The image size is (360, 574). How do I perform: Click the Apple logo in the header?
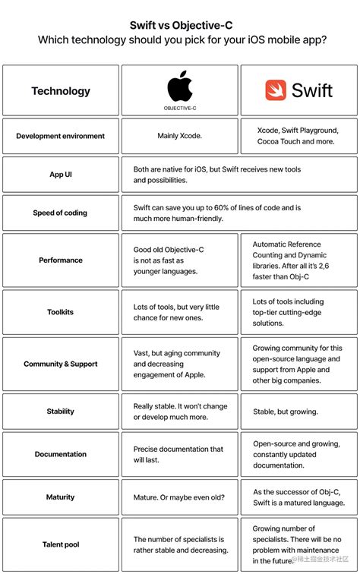[x=180, y=85]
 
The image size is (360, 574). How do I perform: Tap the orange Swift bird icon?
[x=276, y=90]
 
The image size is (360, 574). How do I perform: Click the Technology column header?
[x=61, y=91]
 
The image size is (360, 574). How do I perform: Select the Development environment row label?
[x=61, y=137]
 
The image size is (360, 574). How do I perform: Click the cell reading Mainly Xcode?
[x=180, y=137]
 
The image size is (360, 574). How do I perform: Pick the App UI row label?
[x=61, y=175]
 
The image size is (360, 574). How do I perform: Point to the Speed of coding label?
[x=61, y=213]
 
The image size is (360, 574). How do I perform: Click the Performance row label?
[x=61, y=260]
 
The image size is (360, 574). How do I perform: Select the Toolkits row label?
[x=61, y=312]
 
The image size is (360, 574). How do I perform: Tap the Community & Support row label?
[x=61, y=364]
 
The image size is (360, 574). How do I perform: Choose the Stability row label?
[x=61, y=412]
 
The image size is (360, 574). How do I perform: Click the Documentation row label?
[x=61, y=454]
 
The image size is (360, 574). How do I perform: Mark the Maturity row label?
[x=61, y=497]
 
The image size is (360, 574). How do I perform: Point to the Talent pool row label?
[x=61, y=544]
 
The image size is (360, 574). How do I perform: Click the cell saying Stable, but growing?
[x=286, y=412]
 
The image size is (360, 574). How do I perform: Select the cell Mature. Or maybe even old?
[x=179, y=497]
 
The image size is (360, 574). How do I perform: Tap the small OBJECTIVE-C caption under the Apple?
[x=180, y=109]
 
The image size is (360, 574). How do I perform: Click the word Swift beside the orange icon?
[x=312, y=90]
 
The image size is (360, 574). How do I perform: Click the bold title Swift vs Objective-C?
[x=180, y=25]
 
